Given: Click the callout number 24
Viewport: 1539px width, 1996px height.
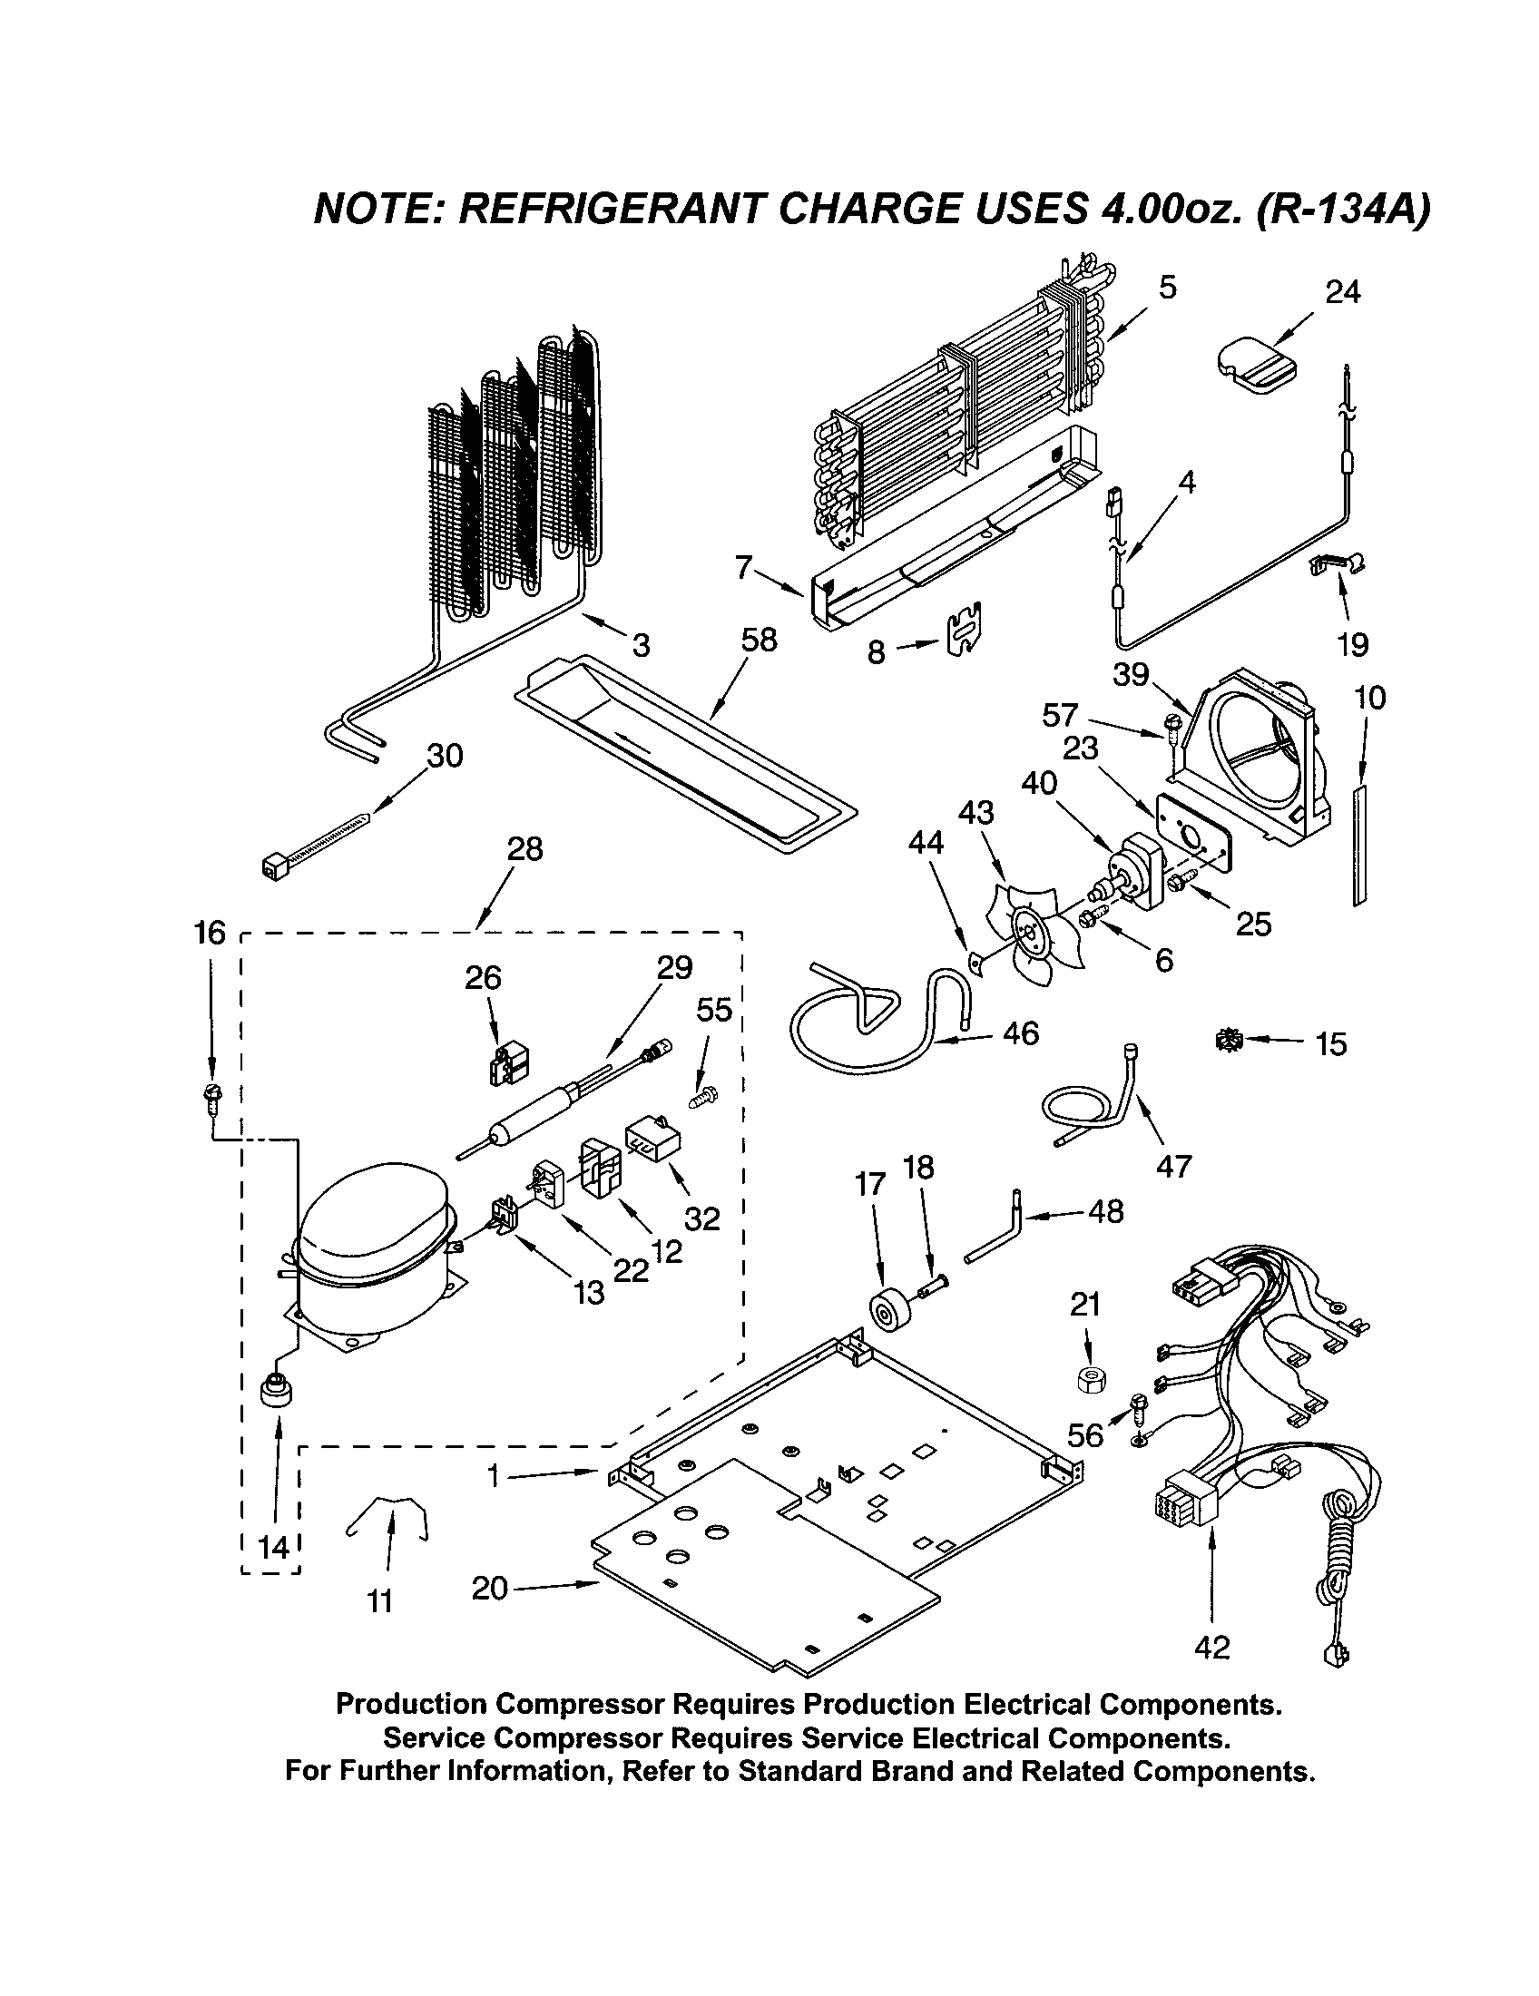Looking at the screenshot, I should [1341, 292].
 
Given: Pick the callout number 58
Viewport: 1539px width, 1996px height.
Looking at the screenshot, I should [759, 641].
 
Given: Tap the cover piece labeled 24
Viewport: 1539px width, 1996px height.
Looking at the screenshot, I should [1257, 367].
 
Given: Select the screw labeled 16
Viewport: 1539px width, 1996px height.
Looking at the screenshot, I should [211, 1095].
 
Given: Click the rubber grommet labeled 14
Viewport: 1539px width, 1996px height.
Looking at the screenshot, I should [274, 1393].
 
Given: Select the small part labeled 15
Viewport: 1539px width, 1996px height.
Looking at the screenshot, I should [1229, 1040].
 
